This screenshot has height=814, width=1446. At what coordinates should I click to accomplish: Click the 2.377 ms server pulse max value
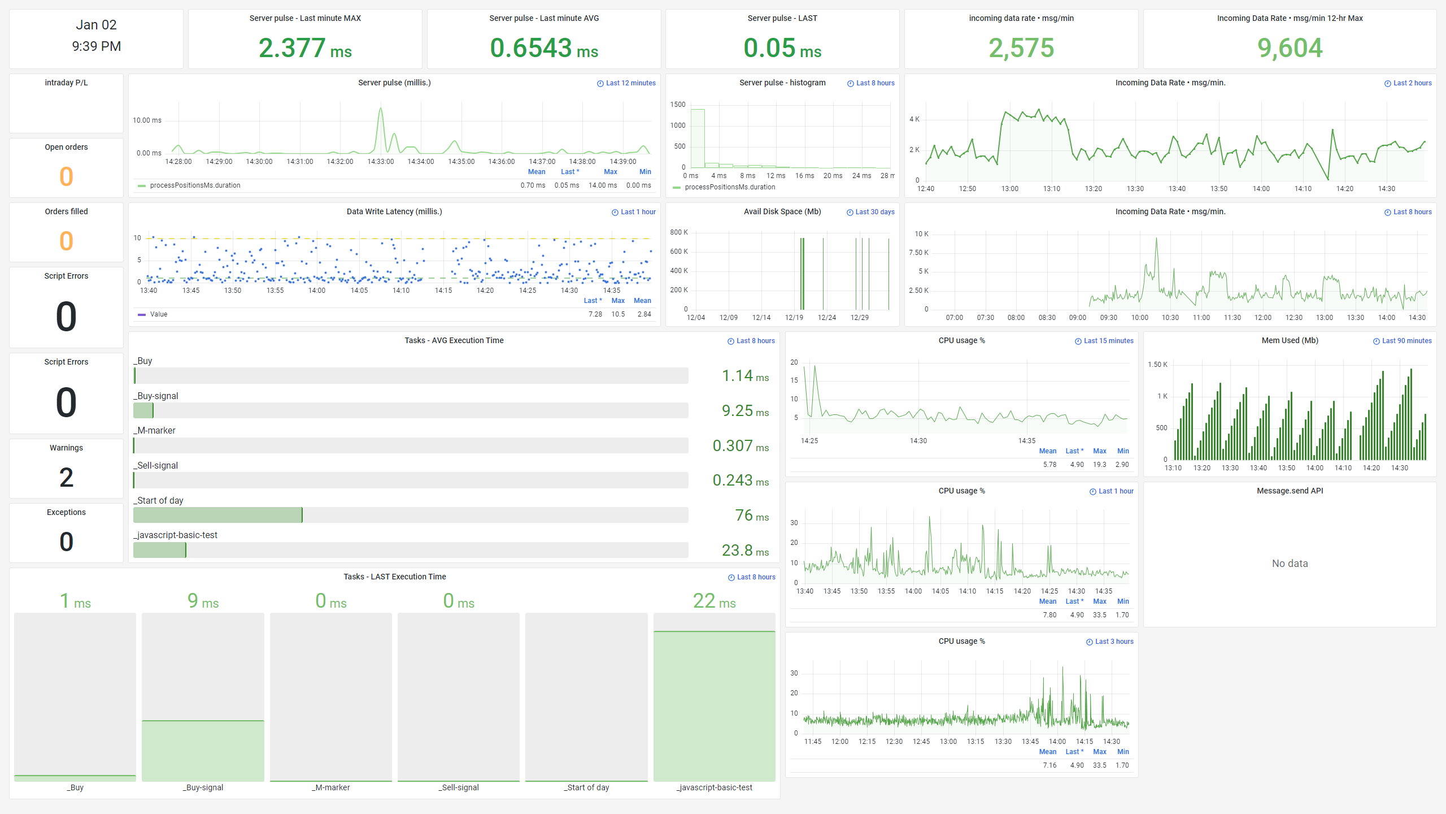[x=305, y=48]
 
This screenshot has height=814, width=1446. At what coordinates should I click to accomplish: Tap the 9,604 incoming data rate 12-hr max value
[x=1290, y=48]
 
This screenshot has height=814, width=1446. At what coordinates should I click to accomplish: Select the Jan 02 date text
[x=96, y=25]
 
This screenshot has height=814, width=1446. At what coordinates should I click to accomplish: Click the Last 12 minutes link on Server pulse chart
[x=626, y=83]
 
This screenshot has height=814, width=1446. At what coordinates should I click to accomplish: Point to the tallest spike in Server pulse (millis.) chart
[x=381, y=110]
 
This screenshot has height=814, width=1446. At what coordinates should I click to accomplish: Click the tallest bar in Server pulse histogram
[x=698, y=138]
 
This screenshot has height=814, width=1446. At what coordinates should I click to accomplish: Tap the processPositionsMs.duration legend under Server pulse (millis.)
[x=195, y=185]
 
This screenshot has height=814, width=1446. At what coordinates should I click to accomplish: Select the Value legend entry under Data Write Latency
[x=158, y=314]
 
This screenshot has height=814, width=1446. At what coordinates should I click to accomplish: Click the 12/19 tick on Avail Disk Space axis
[x=794, y=318]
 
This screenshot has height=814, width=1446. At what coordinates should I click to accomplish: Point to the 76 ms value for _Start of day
[x=751, y=516]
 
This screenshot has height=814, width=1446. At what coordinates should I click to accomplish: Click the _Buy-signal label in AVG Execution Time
[x=156, y=396]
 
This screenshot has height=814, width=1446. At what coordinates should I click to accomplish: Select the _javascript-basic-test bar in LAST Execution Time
[x=714, y=706]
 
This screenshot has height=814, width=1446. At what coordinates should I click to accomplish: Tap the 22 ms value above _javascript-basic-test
[x=714, y=601]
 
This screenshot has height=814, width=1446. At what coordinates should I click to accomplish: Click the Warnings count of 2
[x=66, y=478]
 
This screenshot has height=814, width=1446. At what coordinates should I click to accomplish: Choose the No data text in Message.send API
[x=1290, y=564]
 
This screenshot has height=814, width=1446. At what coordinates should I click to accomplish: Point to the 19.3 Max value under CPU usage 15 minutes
[x=1099, y=465]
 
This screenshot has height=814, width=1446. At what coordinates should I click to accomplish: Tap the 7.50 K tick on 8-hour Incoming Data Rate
[x=918, y=253]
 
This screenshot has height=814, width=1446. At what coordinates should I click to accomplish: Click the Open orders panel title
[x=66, y=147]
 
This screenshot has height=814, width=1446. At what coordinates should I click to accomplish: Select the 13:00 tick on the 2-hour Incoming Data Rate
[x=1009, y=189]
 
